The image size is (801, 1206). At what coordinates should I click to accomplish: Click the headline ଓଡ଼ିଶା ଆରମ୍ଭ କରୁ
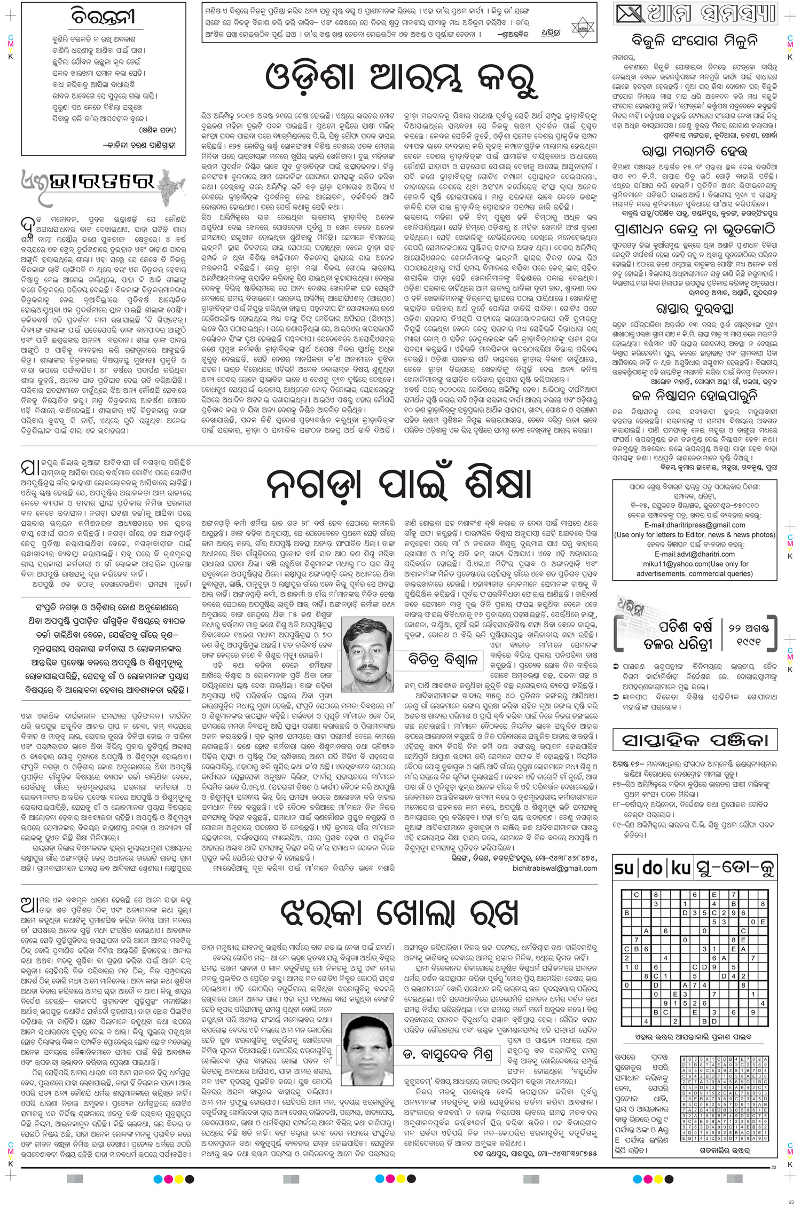tap(400, 79)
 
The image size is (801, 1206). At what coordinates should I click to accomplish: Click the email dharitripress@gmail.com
tap(694, 525)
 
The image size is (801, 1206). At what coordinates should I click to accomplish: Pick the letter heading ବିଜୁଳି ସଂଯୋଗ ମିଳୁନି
tap(694, 41)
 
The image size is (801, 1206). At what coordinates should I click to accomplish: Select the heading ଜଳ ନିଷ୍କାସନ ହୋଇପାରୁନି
tap(694, 396)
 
